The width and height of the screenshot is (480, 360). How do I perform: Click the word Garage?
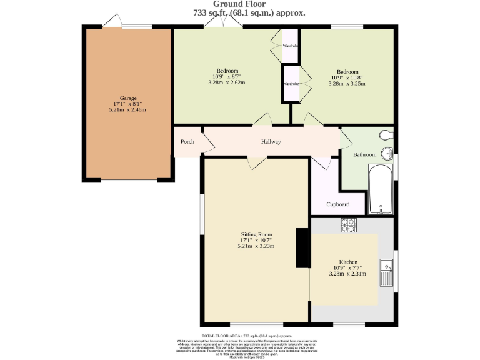[127, 97]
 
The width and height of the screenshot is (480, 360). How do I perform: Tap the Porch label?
[187, 142]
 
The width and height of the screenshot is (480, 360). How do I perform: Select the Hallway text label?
[271, 142]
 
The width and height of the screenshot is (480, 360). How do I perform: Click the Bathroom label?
[365, 154]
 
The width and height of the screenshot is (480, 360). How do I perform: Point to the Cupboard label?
[337, 204]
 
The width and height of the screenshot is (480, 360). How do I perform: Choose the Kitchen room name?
[348, 262]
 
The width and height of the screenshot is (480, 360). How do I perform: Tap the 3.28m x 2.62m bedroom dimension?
[227, 82]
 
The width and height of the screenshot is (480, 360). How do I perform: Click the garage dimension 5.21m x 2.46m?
[127, 109]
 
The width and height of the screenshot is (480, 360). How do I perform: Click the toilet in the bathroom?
[386, 134]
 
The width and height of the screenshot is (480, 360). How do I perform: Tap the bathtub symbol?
[380, 189]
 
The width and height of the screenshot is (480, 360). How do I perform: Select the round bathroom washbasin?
[388, 152]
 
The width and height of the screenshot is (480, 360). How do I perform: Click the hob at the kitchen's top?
[348, 224]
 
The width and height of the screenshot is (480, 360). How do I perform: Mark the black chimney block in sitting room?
[302, 247]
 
